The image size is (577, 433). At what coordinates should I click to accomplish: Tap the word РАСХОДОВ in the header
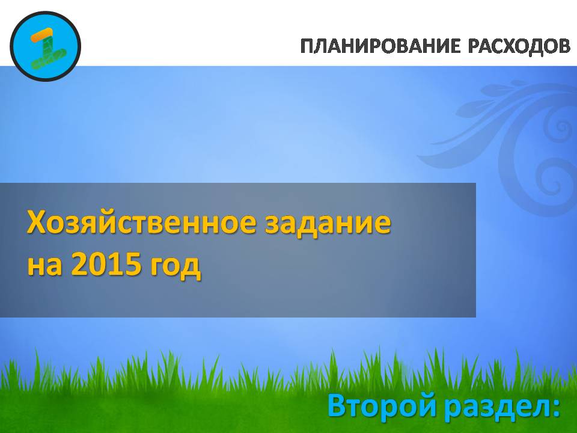pyautogui.click(x=519, y=46)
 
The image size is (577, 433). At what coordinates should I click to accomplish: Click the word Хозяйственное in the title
pyautogui.click(x=142, y=223)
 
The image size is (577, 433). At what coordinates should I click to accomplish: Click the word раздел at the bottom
pyautogui.click(x=494, y=406)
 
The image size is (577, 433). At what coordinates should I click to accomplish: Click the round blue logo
pyautogui.click(x=45, y=46)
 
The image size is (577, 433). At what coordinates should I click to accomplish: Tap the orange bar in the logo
pyautogui.click(x=42, y=35)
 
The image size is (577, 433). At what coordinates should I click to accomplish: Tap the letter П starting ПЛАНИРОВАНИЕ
pyautogui.click(x=308, y=46)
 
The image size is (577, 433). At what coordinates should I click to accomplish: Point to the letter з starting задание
pyautogui.click(x=273, y=226)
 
